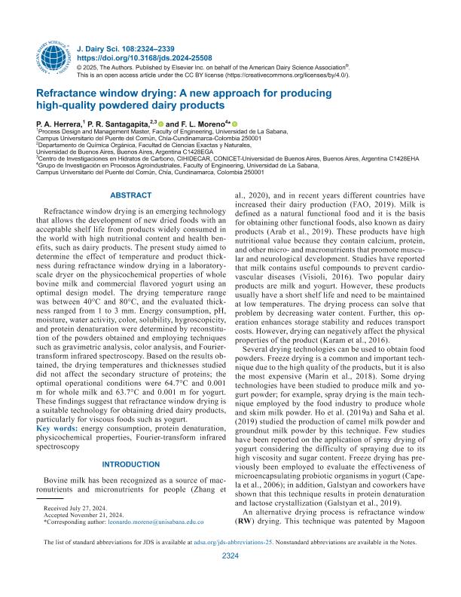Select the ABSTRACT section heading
click(x=131, y=196)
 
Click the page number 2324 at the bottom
click(x=230, y=577)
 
